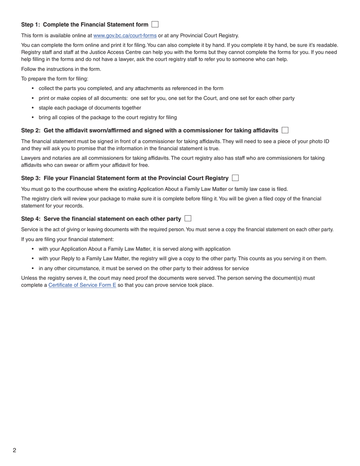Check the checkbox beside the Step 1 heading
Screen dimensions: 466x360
click(155, 24)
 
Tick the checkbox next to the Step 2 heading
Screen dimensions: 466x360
click(285, 130)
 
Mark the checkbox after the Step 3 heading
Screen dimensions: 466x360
click(235, 178)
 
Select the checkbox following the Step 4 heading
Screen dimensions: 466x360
click(188, 218)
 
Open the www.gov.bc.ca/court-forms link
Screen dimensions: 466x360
click(125, 36)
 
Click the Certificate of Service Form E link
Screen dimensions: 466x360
click(82, 285)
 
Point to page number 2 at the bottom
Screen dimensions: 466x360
click(14, 450)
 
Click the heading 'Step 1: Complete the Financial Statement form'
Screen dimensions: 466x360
click(85, 25)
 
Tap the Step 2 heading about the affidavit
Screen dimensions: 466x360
click(149, 130)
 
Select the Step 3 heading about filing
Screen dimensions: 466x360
click(125, 178)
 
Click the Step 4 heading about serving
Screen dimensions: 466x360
click(101, 219)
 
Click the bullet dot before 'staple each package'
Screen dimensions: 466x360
click(33, 108)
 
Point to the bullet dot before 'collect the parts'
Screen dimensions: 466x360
click(33, 89)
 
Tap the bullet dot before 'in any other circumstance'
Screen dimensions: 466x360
click(33, 269)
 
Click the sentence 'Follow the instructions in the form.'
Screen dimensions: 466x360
click(61, 69)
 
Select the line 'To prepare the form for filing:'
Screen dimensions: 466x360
click(55, 79)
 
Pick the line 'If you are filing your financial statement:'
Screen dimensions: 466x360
click(67, 239)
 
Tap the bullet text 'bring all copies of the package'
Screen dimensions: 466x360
click(108, 117)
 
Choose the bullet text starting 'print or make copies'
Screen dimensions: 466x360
click(166, 98)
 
